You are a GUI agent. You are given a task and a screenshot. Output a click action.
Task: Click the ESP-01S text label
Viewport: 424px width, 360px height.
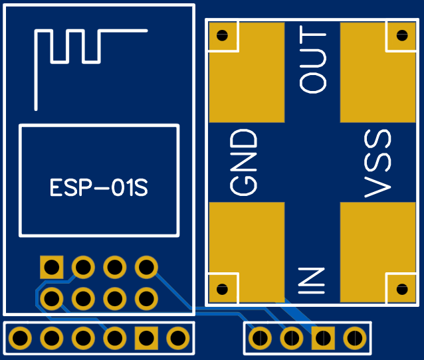coord(99,187)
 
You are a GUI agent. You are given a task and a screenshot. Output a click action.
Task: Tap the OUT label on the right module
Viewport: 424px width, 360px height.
coord(313,60)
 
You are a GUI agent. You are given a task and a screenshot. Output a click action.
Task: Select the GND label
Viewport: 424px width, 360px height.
coord(243,162)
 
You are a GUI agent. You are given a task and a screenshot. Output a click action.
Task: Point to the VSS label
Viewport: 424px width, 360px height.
coord(377,163)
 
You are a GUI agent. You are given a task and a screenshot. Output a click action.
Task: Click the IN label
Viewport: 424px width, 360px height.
coord(311,280)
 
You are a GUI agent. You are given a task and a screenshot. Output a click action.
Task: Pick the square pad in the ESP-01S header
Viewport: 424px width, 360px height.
coord(52,267)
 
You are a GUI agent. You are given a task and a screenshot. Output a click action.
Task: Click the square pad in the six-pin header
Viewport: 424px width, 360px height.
coord(146,338)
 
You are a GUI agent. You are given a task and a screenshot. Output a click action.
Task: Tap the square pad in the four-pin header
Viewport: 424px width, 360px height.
coord(323,338)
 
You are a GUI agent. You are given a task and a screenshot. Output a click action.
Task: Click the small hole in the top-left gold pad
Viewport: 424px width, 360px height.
coord(222,35)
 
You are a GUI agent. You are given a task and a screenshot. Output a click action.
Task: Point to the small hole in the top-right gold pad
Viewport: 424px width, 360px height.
coord(402,35)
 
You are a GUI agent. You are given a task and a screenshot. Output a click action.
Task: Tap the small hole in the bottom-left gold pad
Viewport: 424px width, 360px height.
coord(222,289)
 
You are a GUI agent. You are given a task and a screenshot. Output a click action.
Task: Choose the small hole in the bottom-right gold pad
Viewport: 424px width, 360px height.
coord(402,289)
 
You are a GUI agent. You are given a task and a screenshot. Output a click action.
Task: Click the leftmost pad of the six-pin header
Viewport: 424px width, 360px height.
coord(20,338)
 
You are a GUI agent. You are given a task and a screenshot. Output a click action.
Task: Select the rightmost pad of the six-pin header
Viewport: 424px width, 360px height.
coord(178,338)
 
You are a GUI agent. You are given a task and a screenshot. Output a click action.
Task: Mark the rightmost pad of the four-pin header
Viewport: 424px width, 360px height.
coord(355,338)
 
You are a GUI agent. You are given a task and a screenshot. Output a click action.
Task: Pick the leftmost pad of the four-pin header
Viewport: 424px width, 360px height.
coord(260,338)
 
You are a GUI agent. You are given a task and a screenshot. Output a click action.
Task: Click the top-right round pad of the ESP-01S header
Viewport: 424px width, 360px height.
coord(146,267)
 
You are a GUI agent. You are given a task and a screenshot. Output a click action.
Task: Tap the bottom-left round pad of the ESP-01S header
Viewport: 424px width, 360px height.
coord(52,299)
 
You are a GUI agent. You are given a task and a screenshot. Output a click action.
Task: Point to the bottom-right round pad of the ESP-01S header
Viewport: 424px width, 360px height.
coord(146,299)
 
